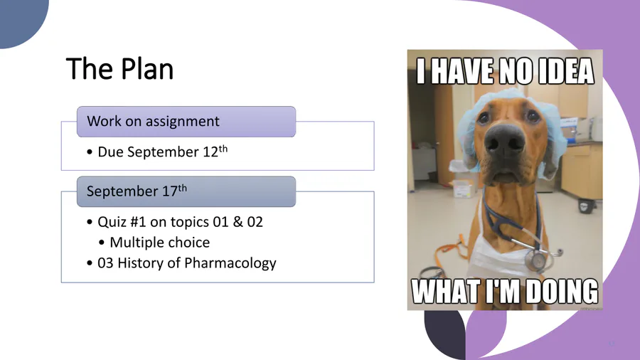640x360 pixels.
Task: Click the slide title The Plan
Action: [119, 68]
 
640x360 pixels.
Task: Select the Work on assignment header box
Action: [186, 122]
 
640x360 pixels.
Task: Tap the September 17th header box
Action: [186, 191]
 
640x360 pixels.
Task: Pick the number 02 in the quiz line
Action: [255, 222]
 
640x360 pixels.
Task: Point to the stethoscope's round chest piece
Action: [537, 259]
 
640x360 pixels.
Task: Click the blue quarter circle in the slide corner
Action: [23, 23]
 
